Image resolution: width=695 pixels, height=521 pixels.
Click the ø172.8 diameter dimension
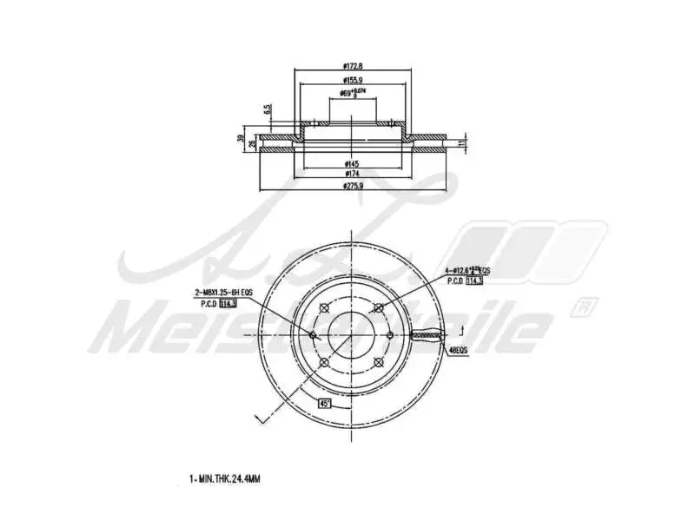[x=352, y=65]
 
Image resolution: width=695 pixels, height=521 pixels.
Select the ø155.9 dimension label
[x=352, y=80]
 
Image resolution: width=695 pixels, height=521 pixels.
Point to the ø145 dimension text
[x=352, y=163]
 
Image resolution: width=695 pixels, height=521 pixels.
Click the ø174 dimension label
[x=352, y=174]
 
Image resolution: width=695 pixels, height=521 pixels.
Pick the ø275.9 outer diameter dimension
[x=352, y=185]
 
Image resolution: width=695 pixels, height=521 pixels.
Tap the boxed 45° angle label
[x=324, y=403]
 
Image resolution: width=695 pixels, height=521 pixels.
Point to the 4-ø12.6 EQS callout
[x=468, y=272]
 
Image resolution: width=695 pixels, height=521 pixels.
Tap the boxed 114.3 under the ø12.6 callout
[x=474, y=281]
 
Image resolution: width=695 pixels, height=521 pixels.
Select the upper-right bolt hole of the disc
[x=377, y=307]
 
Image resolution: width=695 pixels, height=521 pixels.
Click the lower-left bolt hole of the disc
[x=323, y=362]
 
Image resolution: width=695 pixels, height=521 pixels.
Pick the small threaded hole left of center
[x=314, y=335]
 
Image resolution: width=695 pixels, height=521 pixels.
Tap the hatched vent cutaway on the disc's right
[x=431, y=334]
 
